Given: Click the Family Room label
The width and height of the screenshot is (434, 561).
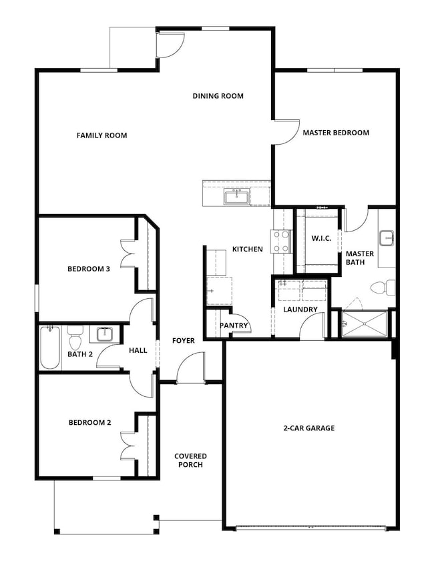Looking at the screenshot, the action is click(x=101, y=135).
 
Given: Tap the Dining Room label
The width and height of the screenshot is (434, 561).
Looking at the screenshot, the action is click(x=218, y=96).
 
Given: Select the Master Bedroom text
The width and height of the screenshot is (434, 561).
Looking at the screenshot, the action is click(x=336, y=133).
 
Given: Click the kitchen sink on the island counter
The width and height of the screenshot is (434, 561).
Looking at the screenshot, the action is click(x=236, y=197).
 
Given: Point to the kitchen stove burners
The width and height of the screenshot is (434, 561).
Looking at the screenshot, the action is click(x=281, y=241).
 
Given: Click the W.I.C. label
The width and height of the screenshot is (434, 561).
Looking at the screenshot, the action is click(x=321, y=238).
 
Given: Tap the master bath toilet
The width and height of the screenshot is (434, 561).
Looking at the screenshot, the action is click(x=383, y=288).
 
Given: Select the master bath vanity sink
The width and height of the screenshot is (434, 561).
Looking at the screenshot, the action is click(x=387, y=238).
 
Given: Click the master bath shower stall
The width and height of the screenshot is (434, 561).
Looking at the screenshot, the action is click(x=365, y=324).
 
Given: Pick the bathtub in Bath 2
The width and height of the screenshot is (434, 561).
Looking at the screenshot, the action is click(x=50, y=348).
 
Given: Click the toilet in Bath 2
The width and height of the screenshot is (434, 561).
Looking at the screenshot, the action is click(x=75, y=338).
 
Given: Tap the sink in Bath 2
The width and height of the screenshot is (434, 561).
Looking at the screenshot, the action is click(x=104, y=334).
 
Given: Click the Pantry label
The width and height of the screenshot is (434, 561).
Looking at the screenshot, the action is click(x=234, y=326).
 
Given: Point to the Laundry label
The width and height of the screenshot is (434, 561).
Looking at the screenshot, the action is click(x=300, y=310).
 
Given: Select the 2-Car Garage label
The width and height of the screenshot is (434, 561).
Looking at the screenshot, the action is click(x=309, y=428).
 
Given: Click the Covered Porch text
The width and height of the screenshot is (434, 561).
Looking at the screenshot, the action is click(x=190, y=460).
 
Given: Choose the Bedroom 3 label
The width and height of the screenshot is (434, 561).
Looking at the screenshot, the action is click(x=89, y=269).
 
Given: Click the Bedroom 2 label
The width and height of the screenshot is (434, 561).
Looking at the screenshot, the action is click(x=90, y=422).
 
